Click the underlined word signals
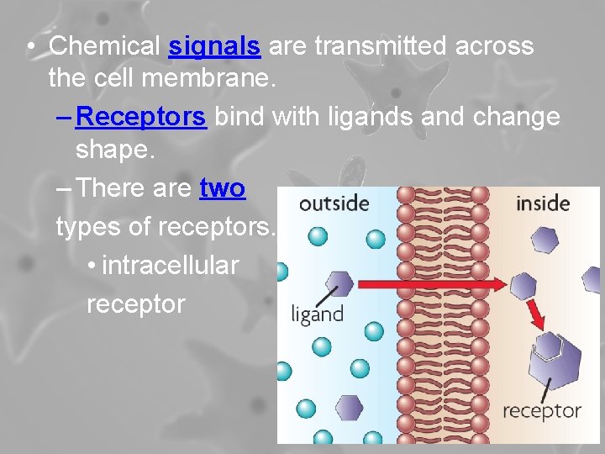213,46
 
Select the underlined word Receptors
140,117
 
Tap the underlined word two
222,188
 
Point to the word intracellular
171,266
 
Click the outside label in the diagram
334,203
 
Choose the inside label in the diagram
542,203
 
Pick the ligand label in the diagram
317,315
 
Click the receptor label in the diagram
541,411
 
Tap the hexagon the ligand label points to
339,282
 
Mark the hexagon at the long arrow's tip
523,285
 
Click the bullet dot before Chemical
29,47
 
